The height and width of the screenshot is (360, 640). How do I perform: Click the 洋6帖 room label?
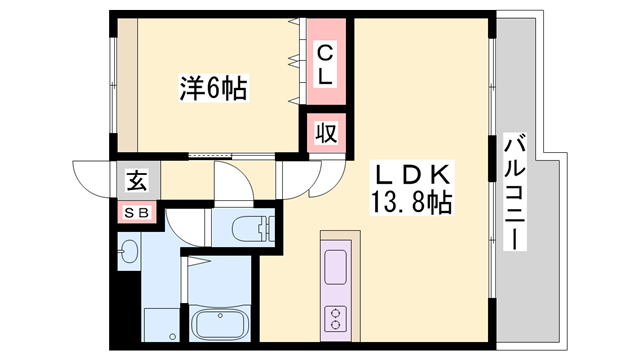(213, 88)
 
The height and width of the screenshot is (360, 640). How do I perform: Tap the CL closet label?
(327, 61)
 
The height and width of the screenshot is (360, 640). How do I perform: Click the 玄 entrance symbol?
(135, 182)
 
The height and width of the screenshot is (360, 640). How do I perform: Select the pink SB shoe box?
(137, 212)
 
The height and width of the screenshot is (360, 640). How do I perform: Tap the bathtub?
(221, 325)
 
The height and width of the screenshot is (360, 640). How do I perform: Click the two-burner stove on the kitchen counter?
(334, 319)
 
